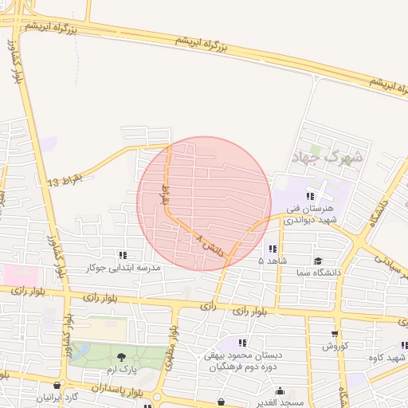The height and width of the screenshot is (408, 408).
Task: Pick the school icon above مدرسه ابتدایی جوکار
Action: point(123,255)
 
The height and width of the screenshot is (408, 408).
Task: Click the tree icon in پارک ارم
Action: point(121,358)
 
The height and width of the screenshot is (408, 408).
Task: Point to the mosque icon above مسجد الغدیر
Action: point(279,390)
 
